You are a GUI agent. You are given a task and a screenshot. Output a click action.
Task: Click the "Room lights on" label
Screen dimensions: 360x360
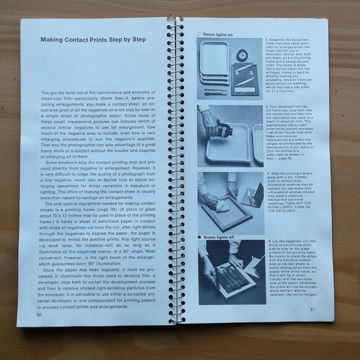coord(215,34)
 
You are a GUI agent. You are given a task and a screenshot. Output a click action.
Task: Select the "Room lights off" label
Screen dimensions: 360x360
coord(215,238)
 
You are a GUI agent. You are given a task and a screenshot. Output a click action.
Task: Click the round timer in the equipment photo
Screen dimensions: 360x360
coord(242,56)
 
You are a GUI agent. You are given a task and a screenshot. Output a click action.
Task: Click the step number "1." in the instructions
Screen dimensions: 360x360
coord(266,39)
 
